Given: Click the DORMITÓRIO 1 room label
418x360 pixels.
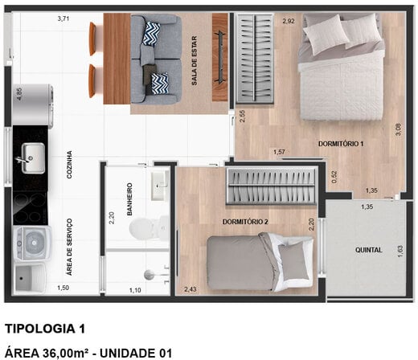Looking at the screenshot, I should click(342, 144).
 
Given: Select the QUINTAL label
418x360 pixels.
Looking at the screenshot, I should click(369, 250).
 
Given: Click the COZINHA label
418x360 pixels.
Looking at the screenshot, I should click(70, 166).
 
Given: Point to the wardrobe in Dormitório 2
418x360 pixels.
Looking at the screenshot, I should click(270, 186).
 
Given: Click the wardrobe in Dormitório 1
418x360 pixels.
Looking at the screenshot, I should click(255, 59).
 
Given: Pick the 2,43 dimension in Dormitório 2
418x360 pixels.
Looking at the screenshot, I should click(191, 288).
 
